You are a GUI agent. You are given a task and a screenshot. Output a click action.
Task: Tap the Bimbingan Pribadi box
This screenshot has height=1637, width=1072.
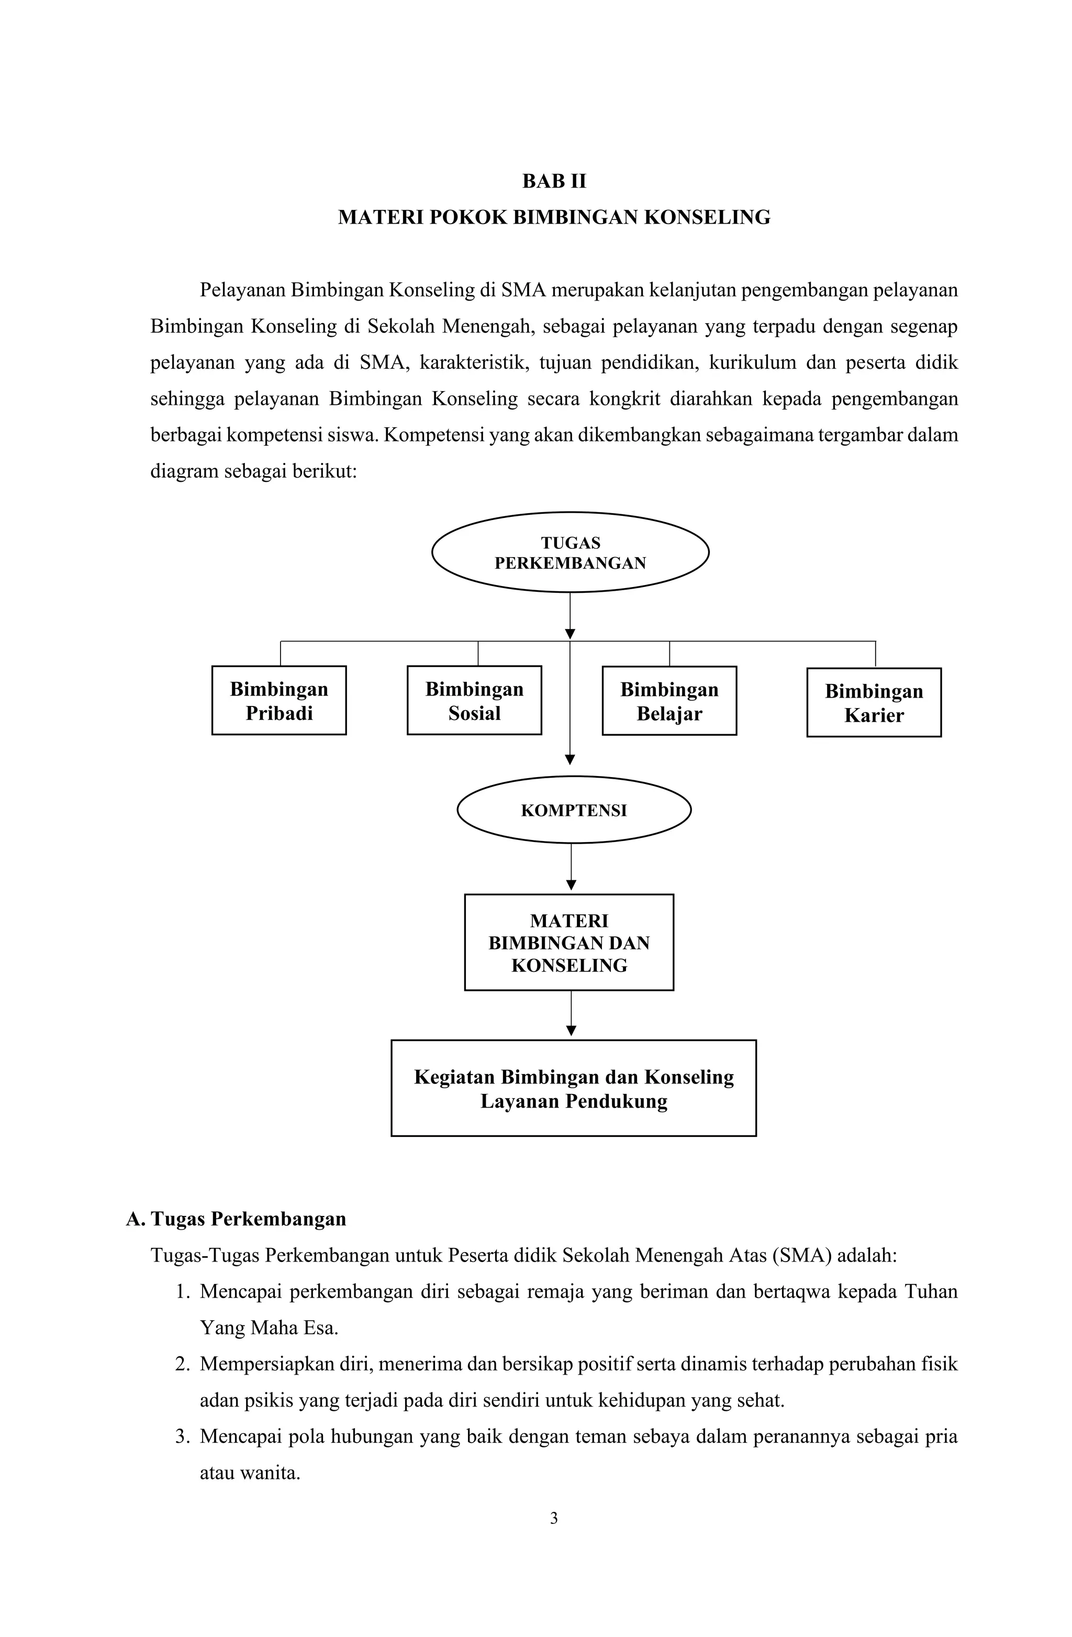278,700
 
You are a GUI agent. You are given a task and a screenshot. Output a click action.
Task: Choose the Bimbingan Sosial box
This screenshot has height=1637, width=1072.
474,700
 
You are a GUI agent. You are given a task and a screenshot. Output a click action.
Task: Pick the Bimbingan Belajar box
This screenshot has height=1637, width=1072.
669,701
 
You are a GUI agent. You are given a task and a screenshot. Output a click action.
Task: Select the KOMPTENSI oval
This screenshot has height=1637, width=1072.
574,810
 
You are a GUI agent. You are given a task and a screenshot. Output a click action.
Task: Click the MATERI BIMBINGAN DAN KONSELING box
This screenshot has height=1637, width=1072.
568,942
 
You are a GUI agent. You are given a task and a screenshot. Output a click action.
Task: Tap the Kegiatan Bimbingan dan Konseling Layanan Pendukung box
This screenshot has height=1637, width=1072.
574,1088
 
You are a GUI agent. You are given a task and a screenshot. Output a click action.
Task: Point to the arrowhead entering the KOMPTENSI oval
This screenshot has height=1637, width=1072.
569,760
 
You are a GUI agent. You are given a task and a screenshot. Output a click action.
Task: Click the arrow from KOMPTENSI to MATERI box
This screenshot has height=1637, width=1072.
572,868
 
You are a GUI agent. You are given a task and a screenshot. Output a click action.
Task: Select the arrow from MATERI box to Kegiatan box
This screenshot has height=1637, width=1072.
572,1014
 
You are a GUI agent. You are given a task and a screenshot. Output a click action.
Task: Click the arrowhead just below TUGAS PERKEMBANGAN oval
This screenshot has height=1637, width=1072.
569,634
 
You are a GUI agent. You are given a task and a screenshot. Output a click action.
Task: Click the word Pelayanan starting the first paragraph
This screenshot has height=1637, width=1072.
241,290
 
